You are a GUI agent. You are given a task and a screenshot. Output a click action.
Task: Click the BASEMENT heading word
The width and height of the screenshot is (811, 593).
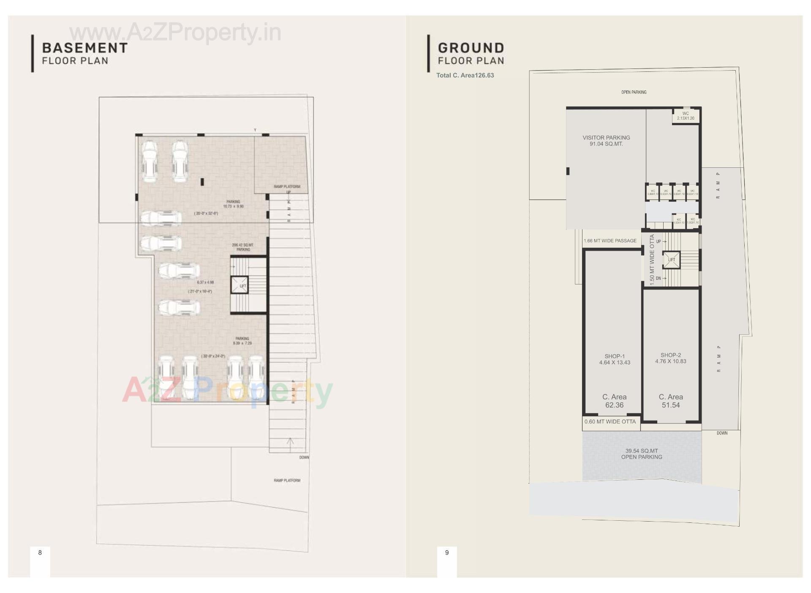(x=84, y=48)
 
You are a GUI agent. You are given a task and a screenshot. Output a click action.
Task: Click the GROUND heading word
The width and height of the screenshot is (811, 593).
(x=471, y=48)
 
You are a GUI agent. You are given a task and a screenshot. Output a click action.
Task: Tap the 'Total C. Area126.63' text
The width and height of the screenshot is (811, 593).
(x=465, y=75)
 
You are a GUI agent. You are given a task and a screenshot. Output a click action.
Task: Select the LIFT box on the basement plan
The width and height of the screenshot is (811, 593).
(x=239, y=285)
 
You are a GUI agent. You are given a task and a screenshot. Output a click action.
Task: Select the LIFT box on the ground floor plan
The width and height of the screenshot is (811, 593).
(x=671, y=260)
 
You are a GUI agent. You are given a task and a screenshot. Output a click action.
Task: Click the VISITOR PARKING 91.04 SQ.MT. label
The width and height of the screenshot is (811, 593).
(x=606, y=141)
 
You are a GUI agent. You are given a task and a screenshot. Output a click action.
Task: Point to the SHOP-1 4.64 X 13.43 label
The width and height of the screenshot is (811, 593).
(x=615, y=359)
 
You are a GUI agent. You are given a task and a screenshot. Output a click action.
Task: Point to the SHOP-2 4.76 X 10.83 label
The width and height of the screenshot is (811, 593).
(x=671, y=358)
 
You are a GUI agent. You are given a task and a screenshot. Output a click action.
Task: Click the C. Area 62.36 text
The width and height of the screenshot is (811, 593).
(x=614, y=401)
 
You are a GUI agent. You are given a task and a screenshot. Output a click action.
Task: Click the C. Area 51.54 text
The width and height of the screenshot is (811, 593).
(x=671, y=401)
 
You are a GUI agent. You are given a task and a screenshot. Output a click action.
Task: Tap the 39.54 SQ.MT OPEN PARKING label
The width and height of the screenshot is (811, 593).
(x=642, y=454)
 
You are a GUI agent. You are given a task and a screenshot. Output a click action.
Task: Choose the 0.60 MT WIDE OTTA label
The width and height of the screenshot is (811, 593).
(x=610, y=421)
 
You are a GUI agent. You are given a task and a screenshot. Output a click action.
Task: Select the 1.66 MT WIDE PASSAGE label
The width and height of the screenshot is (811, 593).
(x=610, y=240)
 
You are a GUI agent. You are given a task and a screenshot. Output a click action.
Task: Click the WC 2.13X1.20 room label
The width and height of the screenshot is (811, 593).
(x=686, y=116)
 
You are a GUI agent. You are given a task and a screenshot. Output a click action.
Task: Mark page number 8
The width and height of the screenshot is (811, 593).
(x=40, y=552)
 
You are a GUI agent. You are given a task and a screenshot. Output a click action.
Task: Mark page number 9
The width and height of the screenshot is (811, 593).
(x=447, y=552)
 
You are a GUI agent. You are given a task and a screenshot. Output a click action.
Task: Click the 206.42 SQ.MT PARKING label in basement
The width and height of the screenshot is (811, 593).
(x=243, y=247)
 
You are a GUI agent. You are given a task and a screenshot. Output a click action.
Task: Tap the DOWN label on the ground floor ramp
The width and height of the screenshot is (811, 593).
(x=722, y=433)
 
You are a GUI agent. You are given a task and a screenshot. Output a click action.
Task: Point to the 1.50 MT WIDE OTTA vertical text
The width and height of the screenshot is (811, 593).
(x=652, y=260)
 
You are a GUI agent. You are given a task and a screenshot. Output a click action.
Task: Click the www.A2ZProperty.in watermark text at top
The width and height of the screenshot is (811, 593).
(x=175, y=33)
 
